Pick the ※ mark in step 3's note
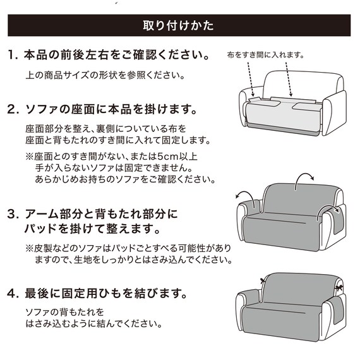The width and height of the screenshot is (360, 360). tap(30, 247)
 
